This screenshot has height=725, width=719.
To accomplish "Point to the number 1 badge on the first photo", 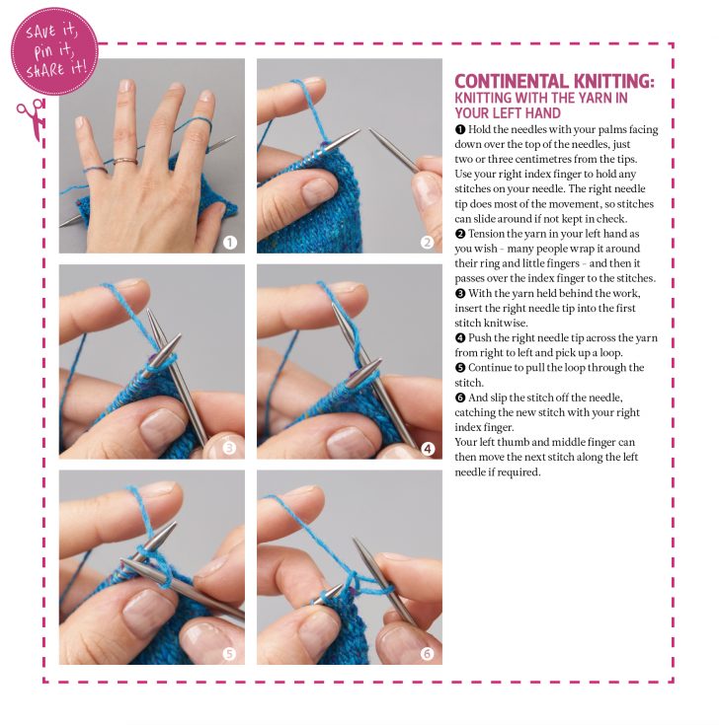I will point(229,242).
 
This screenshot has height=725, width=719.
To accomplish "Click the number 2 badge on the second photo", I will point(427,242).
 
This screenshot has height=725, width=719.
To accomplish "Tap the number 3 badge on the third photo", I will point(229,448).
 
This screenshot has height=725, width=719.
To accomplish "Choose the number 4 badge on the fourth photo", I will point(427,448).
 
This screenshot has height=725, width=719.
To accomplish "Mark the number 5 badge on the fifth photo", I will point(229,652).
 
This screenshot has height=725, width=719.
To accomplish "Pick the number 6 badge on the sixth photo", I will point(427,652).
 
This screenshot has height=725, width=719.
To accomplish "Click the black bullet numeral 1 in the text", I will point(459,130).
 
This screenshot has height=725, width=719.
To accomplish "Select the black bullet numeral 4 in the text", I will point(459,337).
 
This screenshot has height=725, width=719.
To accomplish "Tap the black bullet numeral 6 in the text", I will point(459,397).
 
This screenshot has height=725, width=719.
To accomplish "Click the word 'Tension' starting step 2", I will point(491,234).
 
